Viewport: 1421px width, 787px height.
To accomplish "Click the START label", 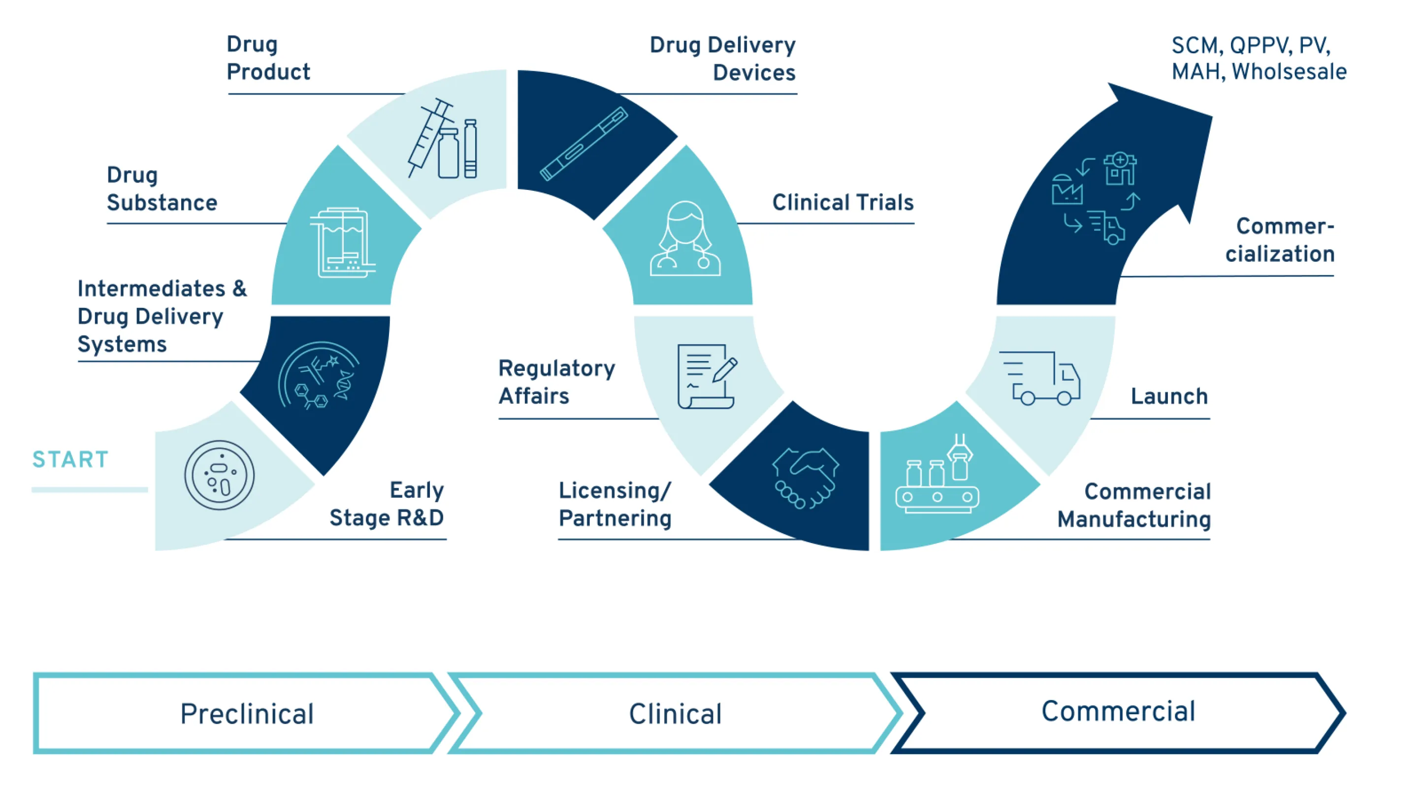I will pos(70,459).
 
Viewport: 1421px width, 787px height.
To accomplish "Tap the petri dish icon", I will pos(219,475).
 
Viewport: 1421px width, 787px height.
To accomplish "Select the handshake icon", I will pos(806,477).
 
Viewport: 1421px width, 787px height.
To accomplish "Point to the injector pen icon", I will pos(583,143).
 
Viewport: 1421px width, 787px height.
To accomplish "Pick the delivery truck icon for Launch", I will pos(1040,378).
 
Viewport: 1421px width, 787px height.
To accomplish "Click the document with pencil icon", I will pos(707,376).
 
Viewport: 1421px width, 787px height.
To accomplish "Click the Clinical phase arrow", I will pos(675,713).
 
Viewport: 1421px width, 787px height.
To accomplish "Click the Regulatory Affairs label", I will pos(556,381).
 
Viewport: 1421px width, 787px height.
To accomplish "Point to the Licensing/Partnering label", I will pos(614,504).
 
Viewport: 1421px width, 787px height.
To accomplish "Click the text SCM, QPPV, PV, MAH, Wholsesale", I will pos(1258,59).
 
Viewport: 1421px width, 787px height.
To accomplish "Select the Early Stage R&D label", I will pos(387,504).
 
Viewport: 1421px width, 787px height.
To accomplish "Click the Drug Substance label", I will pos(161,188).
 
